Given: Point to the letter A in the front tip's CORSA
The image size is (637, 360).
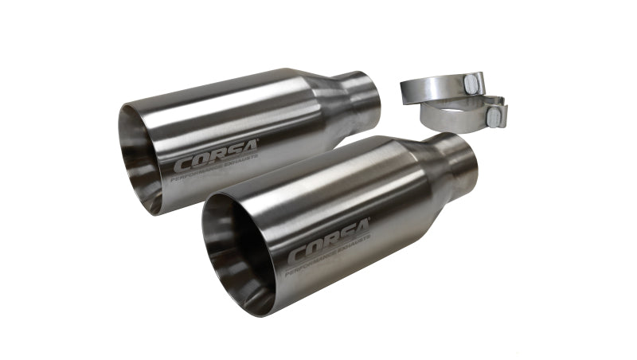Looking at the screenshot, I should click(361, 242).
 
